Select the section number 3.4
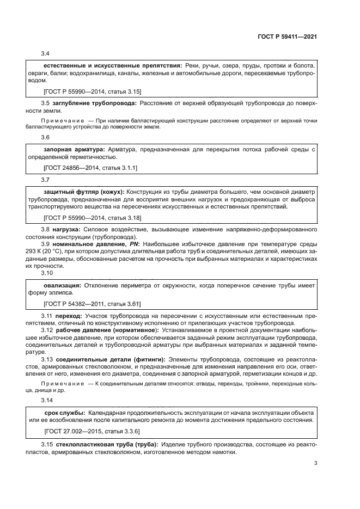[46, 53]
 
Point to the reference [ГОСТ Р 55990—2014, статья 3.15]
[92, 91]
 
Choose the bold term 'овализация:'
[62, 285]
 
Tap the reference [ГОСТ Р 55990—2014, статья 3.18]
[92, 218]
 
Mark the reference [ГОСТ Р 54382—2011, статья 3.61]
[92, 305]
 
